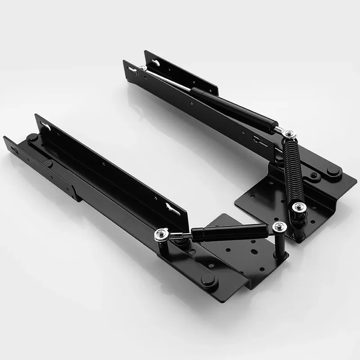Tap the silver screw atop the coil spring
pos(289,134)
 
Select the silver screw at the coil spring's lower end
pos(298,207)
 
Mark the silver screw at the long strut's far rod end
pos(143,68)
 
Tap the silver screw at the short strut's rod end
pos(161,234)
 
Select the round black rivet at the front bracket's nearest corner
pos(208,280)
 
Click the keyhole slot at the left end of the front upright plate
pos(46,126)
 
